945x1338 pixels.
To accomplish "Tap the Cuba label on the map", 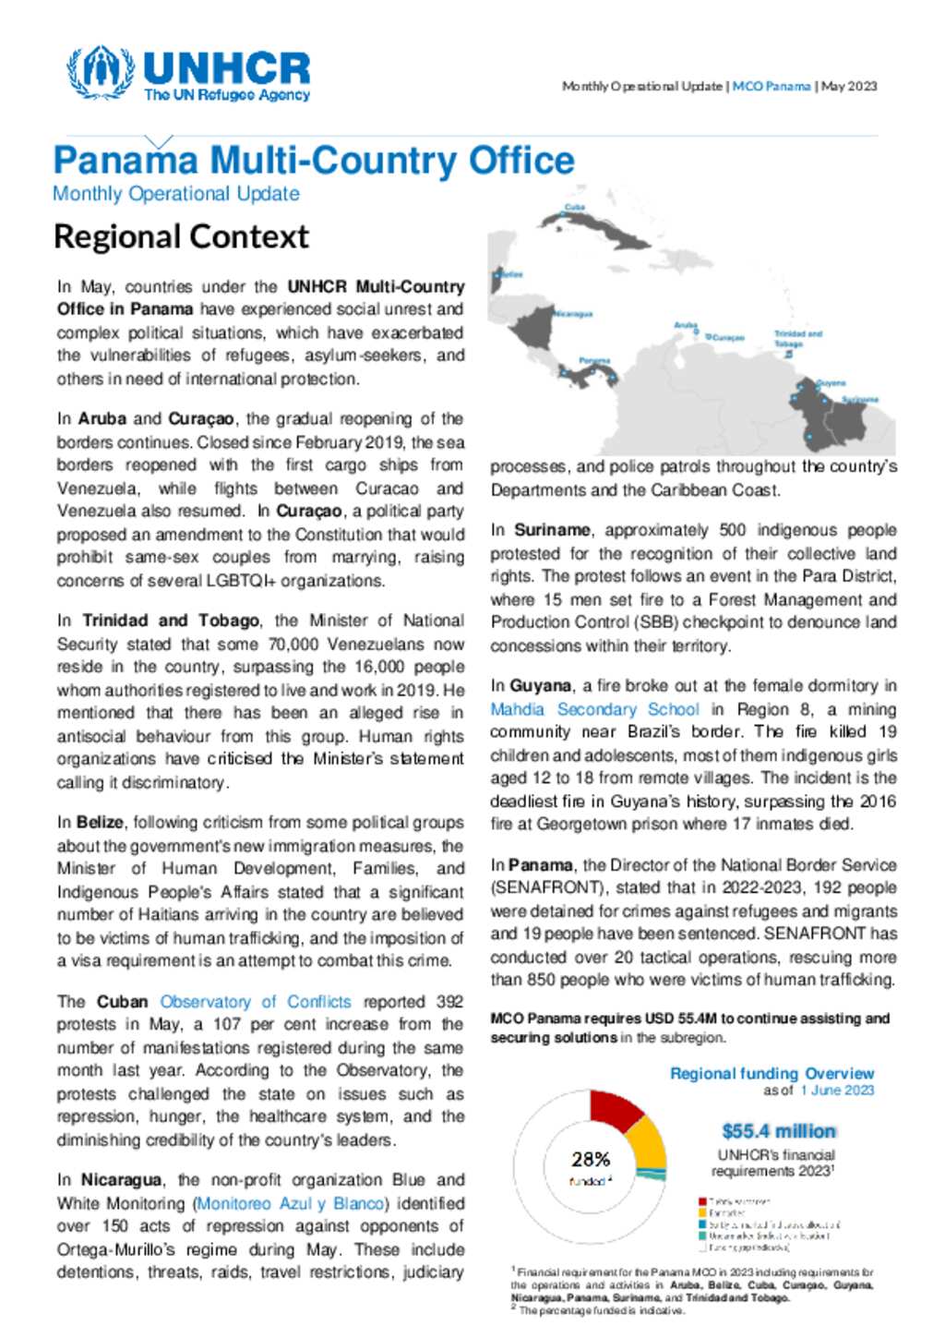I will tap(575, 208).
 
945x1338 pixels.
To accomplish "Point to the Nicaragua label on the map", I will tap(573, 314).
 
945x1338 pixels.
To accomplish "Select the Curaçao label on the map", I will tap(728, 338).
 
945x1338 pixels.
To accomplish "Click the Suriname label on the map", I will tap(860, 400).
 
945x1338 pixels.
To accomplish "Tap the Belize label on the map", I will tap(511, 274).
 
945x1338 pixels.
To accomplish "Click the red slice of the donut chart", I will tap(616, 1111).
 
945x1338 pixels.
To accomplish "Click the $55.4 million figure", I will tap(778, 1131).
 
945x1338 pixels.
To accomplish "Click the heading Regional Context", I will tap(181, 236).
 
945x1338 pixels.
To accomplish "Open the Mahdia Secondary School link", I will tap(594, 709).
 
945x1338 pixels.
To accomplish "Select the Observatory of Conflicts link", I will tap(256, 1002).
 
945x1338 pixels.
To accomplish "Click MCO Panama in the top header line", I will tap(772, 86).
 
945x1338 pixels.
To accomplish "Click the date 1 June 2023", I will tap(837, 1091).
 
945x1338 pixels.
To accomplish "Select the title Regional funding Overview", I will tap(772, 1074).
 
